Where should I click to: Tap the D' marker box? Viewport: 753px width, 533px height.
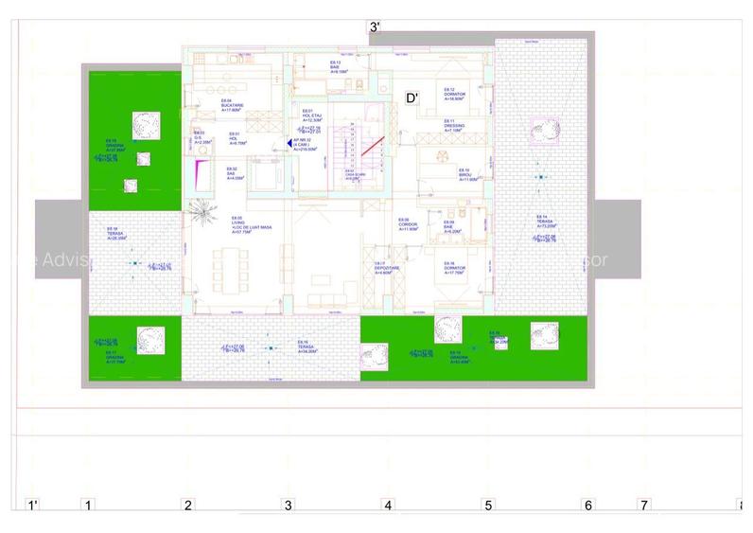(x=412, y=98)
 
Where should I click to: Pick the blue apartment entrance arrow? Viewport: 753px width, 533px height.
(x=289, y=143)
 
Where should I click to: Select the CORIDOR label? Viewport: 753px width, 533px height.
(x=409, y=226)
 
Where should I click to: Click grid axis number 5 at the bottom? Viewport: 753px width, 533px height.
(x=488, y=506)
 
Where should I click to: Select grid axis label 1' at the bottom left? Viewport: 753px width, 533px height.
(x=32, y=506)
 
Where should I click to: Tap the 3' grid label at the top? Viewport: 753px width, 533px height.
(x=375, y=27)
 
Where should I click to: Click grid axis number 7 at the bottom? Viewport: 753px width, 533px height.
(x=644, y=506)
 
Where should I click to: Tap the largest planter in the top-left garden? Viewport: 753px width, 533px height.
(x=145, y=124)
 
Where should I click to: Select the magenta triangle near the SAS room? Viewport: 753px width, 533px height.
(x=200, y=174)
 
